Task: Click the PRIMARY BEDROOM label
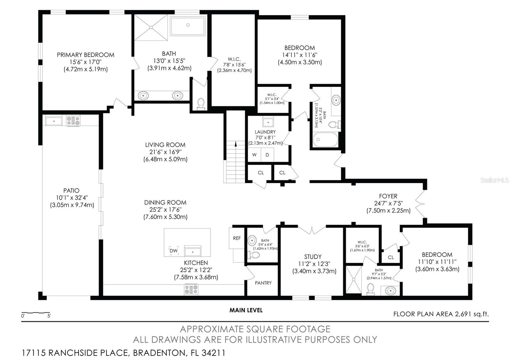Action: (x=85, y=55)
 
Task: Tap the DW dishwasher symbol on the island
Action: (x=173, y=251)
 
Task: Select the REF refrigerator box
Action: (x=237, y=238)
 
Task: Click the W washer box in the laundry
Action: (x=254, y=155)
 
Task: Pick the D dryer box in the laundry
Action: (x=267, y=155)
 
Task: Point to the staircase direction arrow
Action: (x=236, y=144)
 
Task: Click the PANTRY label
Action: (x=263, y=283)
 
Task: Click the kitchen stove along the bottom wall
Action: (x=191, y=289)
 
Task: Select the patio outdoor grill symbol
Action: (x=73, y=121)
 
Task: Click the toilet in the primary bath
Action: (x=201, y=104)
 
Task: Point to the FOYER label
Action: (x=388, y=196)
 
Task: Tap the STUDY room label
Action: (x=313, y=256)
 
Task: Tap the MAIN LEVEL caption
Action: (x=246, y=310)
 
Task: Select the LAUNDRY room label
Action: (x=265, y=132)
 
